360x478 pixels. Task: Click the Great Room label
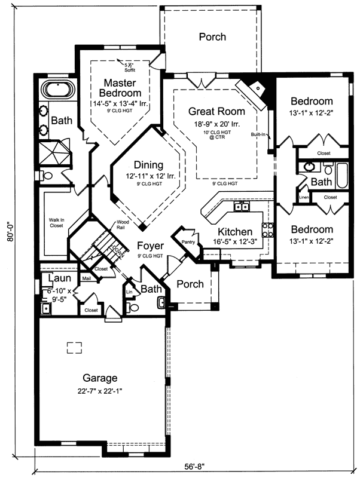pos(216,111)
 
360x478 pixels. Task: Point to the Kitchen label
pos(234,232)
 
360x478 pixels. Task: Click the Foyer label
pos(149,246)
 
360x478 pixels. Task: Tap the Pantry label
pos(188,242)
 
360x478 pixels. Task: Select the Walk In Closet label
pos(57,223)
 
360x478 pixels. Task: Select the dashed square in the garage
pos(74,347)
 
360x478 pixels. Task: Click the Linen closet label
pos(304,197)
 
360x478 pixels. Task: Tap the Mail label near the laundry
pos(86,278)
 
